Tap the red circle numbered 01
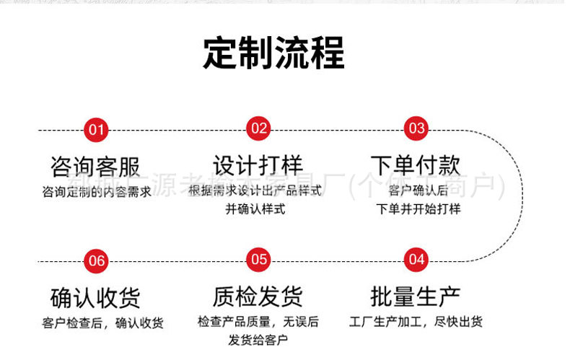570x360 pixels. pos(96,130)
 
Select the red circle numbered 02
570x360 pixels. pos(258,129)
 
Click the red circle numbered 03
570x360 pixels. pos(417,129)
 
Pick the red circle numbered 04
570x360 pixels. pos(417,259)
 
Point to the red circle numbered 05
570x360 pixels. pos(258,259)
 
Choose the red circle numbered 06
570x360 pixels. pos(96,260)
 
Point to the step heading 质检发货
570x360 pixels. pos(258,296)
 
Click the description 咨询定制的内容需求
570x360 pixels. pos(96,193)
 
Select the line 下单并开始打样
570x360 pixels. pos(418,209)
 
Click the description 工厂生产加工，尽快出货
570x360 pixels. pos(416,322)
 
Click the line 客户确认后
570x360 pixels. pos(418,191)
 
